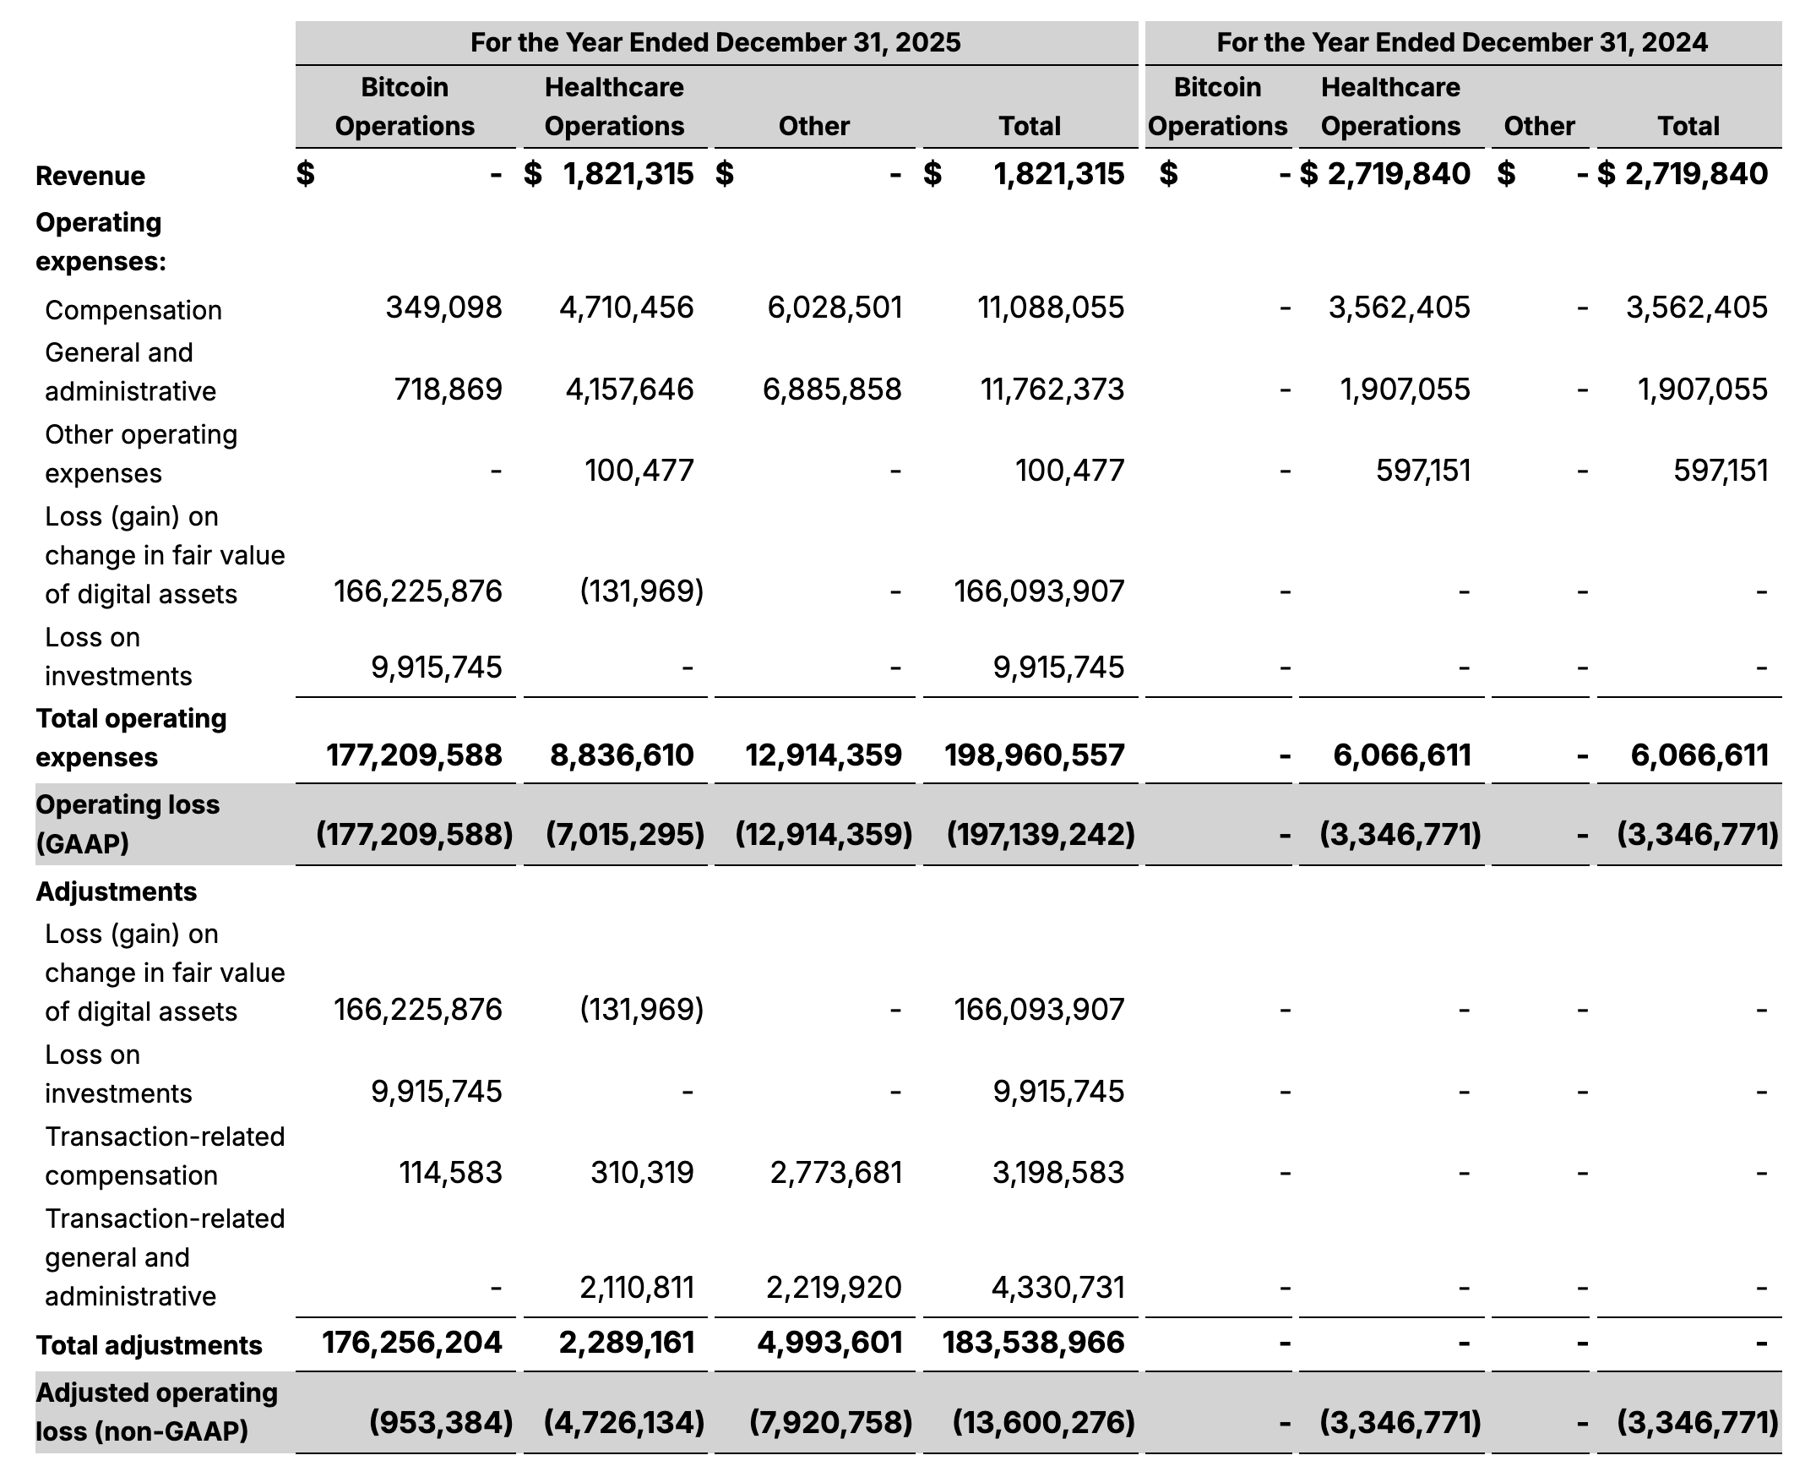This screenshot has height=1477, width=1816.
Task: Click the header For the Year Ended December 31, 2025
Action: [715, 42]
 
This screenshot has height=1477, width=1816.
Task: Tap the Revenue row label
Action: [90, 176]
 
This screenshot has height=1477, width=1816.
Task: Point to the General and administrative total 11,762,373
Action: [1052, 390]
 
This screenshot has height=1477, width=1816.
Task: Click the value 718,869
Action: [448, 390]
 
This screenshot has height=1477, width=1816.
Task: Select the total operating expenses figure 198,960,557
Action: [1035, 755]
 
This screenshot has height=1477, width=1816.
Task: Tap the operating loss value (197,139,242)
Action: [1041, 834]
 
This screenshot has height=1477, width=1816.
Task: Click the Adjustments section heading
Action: [117, 891]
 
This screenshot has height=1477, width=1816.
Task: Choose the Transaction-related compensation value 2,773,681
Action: [835, 1173]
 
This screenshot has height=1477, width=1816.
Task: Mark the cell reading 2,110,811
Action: [636, 1287]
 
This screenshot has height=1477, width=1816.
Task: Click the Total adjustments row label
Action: [149, 1345]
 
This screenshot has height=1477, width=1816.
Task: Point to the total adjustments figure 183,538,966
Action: [1033, 1343]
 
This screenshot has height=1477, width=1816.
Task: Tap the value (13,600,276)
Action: [1043, 1422]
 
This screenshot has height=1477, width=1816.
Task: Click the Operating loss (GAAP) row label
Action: [128, 824]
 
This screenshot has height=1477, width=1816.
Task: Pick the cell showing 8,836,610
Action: [622, 755]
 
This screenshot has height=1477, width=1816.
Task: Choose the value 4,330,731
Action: [1058, 1287]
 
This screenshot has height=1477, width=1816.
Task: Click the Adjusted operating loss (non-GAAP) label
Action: [156, 1412]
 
